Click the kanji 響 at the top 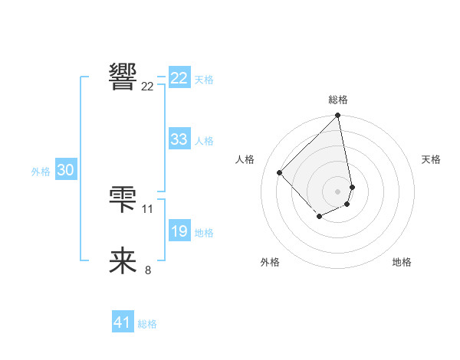click(123, 76)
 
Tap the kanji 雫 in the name click(123, 199)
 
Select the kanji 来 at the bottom click(123, 260)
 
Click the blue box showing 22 click(179, 78)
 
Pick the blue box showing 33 click(179, 139)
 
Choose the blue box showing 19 click(179, 231)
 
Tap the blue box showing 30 click(65, 171)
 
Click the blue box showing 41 click(123, 322)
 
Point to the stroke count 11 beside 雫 click(148, 208)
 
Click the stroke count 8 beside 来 click(148, 270)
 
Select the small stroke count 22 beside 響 click(148, 87)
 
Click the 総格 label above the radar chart click(338, 100)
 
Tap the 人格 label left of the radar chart click(245, 159)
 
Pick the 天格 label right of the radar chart click(431, 159)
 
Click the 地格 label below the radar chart click(402, 262)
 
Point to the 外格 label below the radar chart click(270, 262)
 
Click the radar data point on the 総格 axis click(338, 116)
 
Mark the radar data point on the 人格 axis click(280, 172)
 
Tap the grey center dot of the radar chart click(337, 191)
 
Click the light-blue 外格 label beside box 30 click(41, 172)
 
